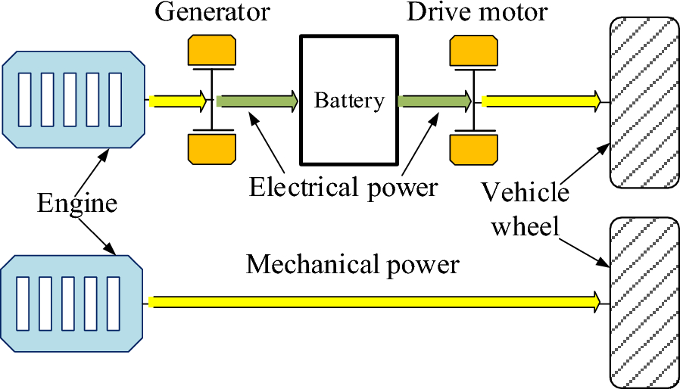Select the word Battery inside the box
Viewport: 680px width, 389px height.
click(x=349, y=101)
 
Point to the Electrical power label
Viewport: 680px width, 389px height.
click(x=344, y=186)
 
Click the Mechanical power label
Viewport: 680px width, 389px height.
click(x=353, y=265)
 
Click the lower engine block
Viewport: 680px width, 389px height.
click(x=73, y=303)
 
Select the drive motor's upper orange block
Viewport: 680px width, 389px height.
click(x=473, y=51)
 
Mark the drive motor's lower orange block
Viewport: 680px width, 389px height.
click(x=473, y=148)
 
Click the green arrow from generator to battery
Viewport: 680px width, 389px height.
click(x=257, y=101)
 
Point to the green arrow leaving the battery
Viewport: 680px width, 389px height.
click(x=433, y=101)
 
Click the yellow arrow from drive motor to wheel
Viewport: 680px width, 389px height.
click(x=542, y=101)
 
